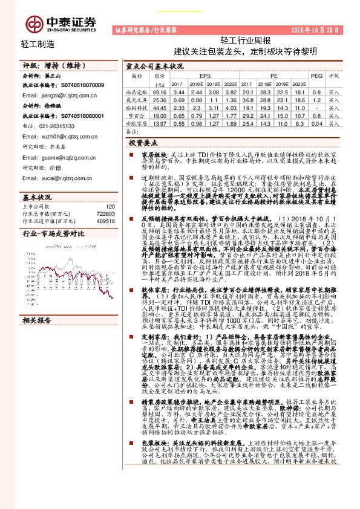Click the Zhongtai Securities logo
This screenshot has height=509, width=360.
pos(60,24)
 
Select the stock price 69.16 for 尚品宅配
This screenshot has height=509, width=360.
pos(160,91)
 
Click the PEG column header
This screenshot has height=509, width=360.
pos(316,76)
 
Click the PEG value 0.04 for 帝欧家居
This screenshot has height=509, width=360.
pos(316,123)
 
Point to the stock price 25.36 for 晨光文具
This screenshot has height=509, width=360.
pos(160,99)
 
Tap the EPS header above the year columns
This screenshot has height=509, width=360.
pos(199,76)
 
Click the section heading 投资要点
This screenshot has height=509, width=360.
pos(143,141)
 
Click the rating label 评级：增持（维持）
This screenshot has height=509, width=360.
pos(48,65)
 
